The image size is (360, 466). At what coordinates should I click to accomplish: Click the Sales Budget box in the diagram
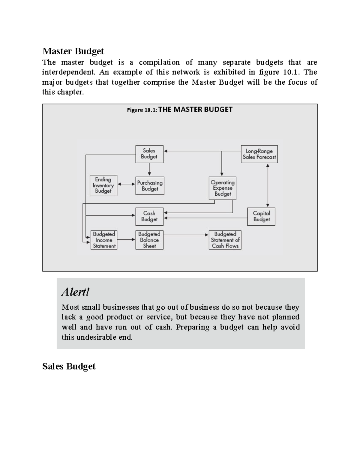(149, 154)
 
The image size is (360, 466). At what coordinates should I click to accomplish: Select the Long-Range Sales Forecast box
(259, 154)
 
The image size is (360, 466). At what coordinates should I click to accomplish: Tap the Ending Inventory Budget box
(103, 185)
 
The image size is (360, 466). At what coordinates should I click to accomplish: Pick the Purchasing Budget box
(150, 186)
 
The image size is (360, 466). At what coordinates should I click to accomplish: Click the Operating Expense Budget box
(222, 188)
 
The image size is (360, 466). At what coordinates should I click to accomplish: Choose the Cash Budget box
(149, 216)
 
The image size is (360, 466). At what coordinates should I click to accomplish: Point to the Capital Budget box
(261, 216)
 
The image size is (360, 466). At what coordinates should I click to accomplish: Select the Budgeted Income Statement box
(104, 240)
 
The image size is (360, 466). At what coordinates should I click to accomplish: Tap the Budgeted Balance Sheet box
(149, 240)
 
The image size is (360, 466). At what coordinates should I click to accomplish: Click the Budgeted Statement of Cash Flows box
(225, 240)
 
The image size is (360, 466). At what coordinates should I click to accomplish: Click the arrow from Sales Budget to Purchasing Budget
(149, 170)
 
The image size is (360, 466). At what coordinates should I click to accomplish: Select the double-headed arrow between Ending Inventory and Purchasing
(126, 184)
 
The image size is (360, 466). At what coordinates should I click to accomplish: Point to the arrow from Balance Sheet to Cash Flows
(186, 235)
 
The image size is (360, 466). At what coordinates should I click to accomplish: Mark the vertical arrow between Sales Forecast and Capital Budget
(268, 185)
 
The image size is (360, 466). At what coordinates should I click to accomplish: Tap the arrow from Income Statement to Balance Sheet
(126, 239)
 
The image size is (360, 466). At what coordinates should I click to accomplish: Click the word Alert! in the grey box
(75, 292)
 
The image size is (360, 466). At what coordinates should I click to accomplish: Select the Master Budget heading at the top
(73, 51)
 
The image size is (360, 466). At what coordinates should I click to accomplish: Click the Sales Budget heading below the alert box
(69, 366)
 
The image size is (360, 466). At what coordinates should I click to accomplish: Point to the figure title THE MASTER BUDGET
(195, 110)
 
